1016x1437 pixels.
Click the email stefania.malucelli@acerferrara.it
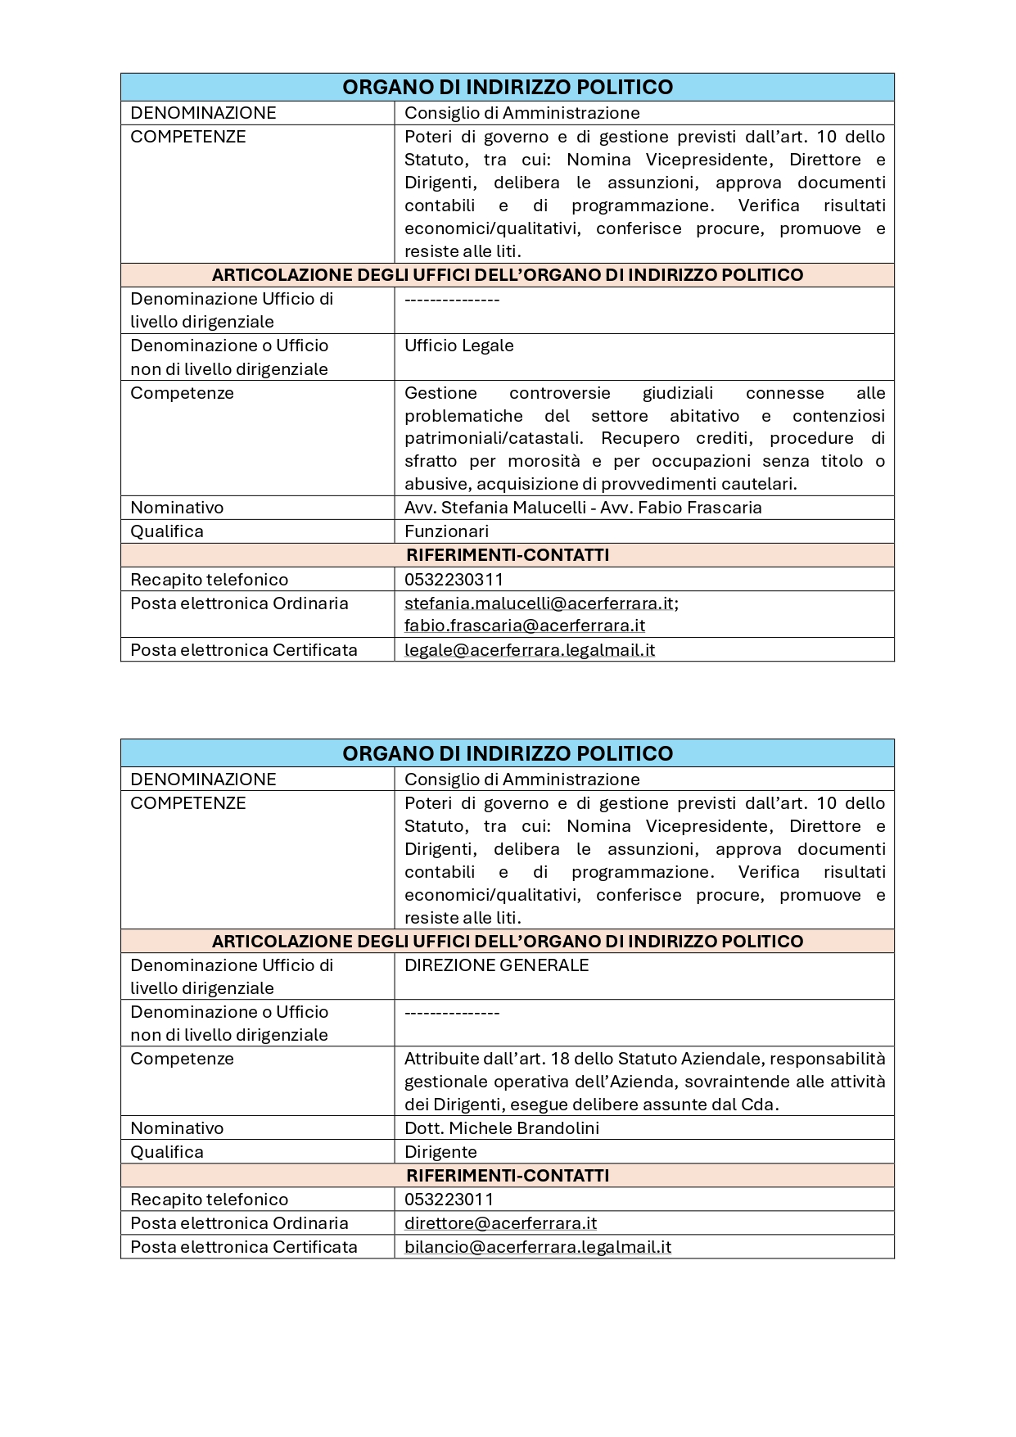pyautogui.click(x=540, y=603)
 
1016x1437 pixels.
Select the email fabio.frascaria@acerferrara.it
pyautogui.click(x=525, y=626)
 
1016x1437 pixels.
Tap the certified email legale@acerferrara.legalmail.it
pyautogui.click(x=530, y=650)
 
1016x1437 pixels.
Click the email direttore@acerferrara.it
pyautogui.click(x=500, y=1223)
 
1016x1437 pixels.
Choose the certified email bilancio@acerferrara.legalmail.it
pyautogui.click(x=538, y=1247)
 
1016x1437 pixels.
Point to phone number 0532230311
pyautogui.click(x=454, y=580)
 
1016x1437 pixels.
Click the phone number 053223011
pyautogui.click(x=449, y=1200)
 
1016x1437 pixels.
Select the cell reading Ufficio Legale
pyautogui.click(x=458, y=346)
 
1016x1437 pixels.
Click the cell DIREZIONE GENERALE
pyautogui.click(x=496, y=965)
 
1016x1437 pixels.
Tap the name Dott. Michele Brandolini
pyautogui.click(x=502, y=1128)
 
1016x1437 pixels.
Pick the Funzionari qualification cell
pyautogui.click(x=446, y=531)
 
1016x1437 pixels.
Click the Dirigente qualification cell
pyautogui.click(x=440, y=1152)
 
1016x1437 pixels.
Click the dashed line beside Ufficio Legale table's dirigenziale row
pyautogui.click(x=452, y=300)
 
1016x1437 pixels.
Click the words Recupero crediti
pyautogui.click(x=676, y=439)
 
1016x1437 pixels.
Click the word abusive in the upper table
pyautogui.click(x=437, y=484)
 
